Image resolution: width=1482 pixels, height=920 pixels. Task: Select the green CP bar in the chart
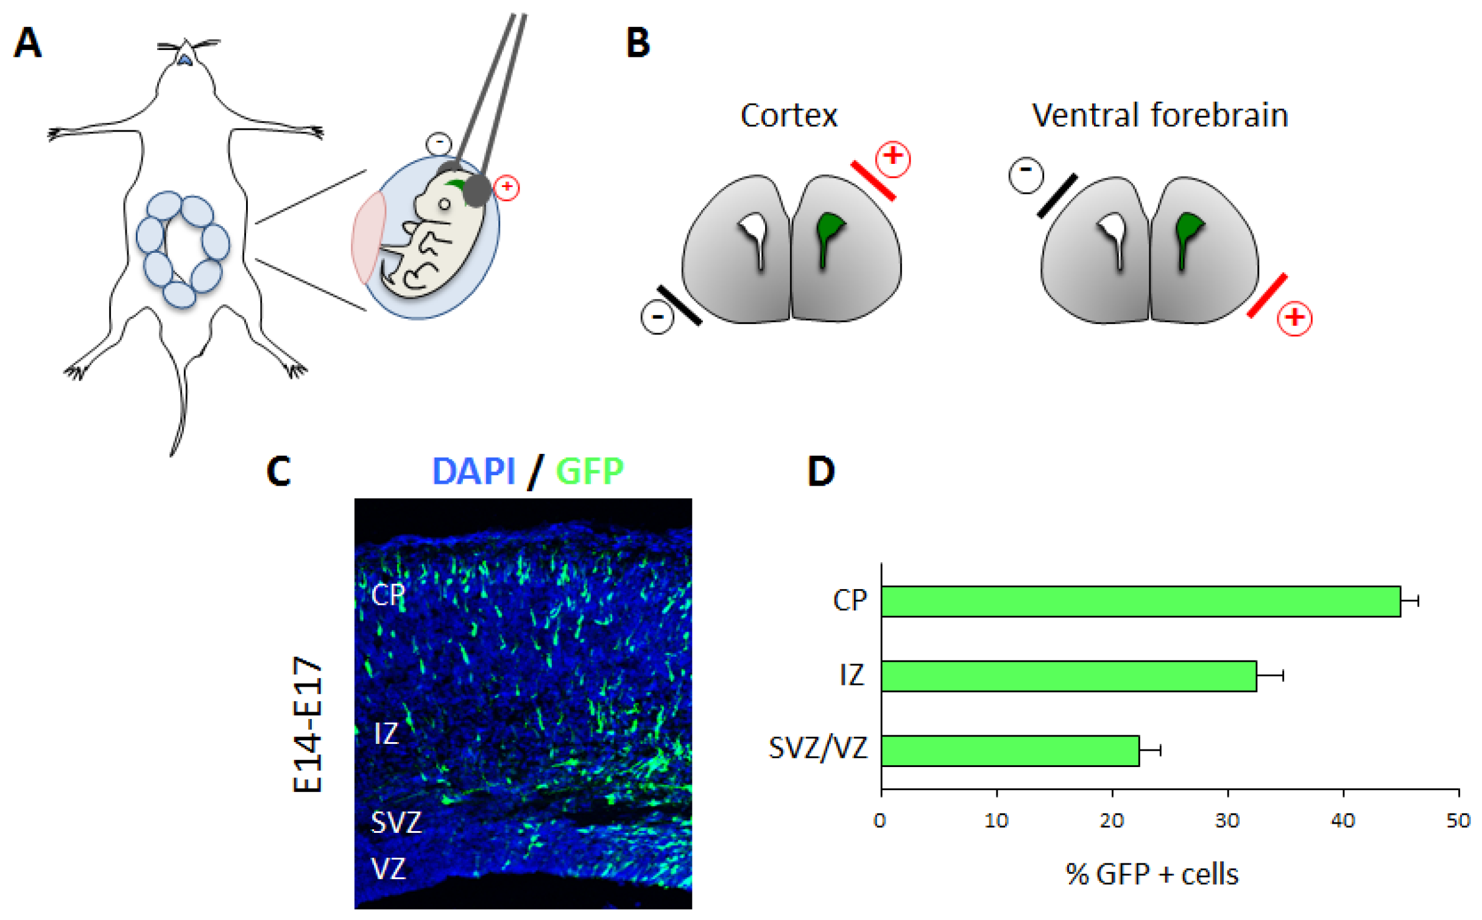coord(1140,601)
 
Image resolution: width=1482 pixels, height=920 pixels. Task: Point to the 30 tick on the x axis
coord(1227,821)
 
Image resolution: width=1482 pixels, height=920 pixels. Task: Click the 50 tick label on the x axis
coord(1458,821)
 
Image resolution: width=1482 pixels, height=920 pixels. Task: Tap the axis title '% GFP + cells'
coord(1151,874)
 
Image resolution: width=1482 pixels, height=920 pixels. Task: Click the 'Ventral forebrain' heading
coord(1159,115)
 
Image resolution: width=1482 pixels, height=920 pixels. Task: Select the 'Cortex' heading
coord(788,115)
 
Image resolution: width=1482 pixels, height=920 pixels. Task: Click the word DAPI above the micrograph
coord(473,471)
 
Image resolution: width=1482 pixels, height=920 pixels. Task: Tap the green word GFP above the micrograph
coord(590,471)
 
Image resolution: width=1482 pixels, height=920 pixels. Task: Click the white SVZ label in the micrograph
coord(396,823)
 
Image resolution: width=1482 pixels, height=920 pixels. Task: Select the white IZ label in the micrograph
coord(386,733)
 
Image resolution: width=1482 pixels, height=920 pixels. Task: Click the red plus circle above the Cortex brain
coord(892,158)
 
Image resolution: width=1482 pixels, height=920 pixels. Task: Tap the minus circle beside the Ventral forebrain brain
coord(1026,175)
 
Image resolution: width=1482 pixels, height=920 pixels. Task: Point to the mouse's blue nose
coord(185,59)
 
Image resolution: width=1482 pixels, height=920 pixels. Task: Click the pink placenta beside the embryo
coord(368,238)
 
